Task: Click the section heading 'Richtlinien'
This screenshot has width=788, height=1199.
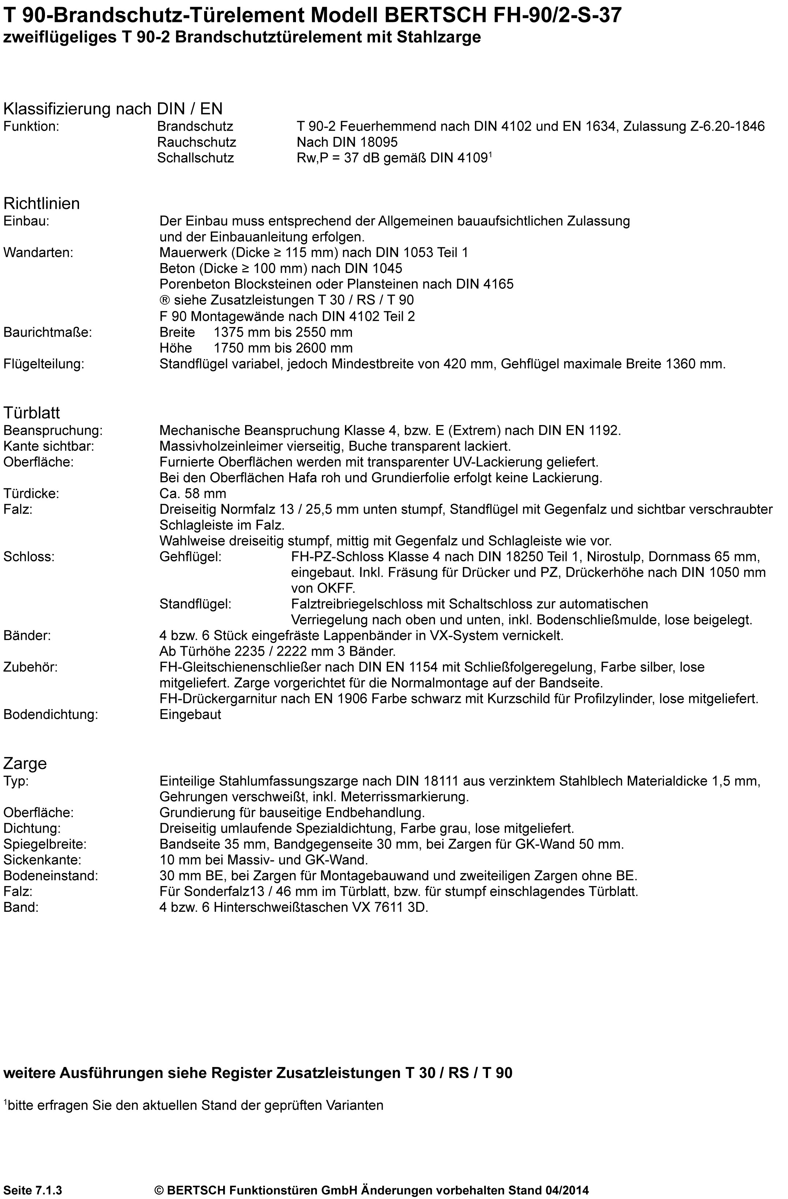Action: click(x=42, y=203)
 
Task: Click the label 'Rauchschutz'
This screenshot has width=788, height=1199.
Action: click(x=196, y=142)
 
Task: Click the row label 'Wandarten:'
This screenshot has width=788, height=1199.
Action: click(x=38, y=252)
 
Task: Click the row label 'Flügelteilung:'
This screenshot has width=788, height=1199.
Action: click(x=44, y=364)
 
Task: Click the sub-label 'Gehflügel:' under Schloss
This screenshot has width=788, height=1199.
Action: click(x=191, y=557)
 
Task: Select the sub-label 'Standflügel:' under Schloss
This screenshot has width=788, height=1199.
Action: click(x=195, y=604)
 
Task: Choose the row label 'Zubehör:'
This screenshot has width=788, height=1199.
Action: click(x=30, y=667)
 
